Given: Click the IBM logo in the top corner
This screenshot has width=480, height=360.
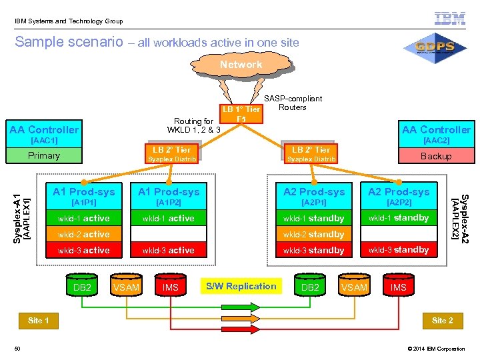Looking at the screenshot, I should point(450,19).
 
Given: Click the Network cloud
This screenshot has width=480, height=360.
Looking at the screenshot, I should point(241,65).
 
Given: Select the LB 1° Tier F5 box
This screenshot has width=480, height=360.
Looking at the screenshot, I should point(241,113).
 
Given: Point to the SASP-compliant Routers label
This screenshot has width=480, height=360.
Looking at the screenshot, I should point(293,103).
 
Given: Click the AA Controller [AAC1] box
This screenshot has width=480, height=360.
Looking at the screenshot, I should point(44,134).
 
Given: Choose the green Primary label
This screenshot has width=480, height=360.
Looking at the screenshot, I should point(44,156).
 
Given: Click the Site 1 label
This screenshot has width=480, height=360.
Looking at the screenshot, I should point(38,321).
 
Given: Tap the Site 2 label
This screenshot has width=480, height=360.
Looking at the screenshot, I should point(442,321).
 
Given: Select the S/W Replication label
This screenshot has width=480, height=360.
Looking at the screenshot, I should point(241,287).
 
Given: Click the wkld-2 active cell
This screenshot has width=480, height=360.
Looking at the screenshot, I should point(83,234).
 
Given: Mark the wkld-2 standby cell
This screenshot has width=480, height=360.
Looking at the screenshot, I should point(313,235).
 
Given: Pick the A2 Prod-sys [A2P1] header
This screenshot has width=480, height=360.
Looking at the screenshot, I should point(313,196).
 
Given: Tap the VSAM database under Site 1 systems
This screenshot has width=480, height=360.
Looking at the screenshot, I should point(126,287).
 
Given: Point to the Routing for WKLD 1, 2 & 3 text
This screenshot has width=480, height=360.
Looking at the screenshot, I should point(193,125).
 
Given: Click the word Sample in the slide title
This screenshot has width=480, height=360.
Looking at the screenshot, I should point(37,42).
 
